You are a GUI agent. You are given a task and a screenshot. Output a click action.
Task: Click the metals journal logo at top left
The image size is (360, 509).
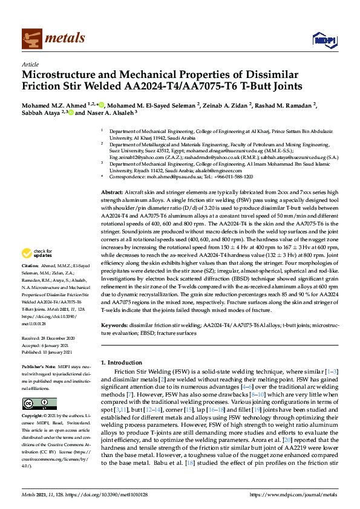coord(53,38)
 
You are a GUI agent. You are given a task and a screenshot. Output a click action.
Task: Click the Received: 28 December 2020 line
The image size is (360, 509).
coord(48,339)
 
